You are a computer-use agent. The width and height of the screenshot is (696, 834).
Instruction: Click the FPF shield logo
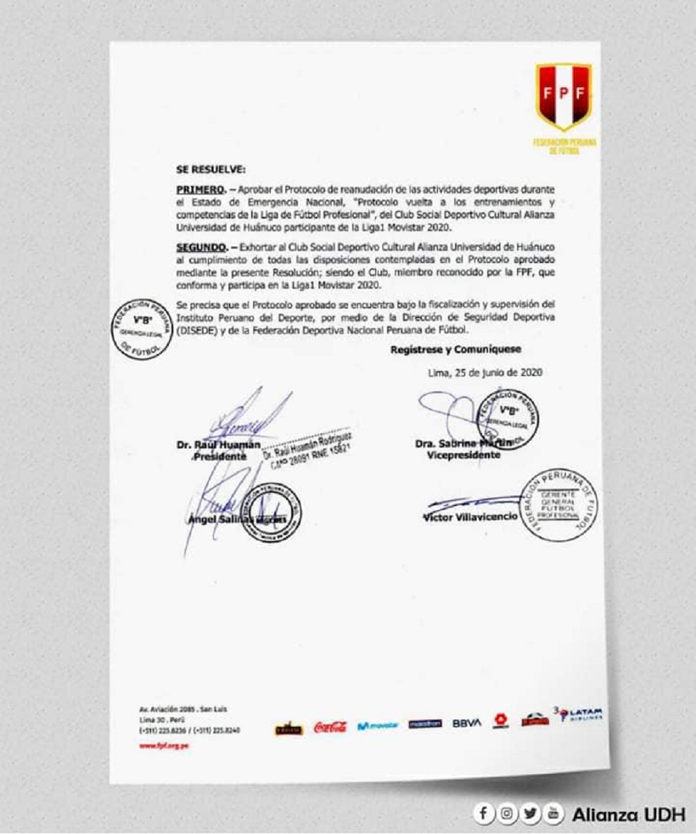click(564, 96)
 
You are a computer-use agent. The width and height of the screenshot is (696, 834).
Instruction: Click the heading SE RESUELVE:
click(207, 169)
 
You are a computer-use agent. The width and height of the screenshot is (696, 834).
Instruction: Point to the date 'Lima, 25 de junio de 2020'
click(485, 372)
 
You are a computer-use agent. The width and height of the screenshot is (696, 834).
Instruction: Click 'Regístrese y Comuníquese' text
click(455, 349)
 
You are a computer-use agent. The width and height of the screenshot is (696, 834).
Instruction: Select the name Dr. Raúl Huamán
click(208, 444)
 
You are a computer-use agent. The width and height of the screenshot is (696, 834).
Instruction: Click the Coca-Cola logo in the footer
click(330, 727)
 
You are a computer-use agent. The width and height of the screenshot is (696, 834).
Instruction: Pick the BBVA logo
click(466, 723)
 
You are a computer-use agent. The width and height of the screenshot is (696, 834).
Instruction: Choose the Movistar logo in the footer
click(378, 726)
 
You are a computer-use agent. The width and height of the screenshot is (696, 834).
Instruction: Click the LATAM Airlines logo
click(580, 715)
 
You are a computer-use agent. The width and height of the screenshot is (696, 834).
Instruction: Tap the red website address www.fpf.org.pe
click(164, 746)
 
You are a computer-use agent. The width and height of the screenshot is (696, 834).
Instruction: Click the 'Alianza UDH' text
click(628, 814)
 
